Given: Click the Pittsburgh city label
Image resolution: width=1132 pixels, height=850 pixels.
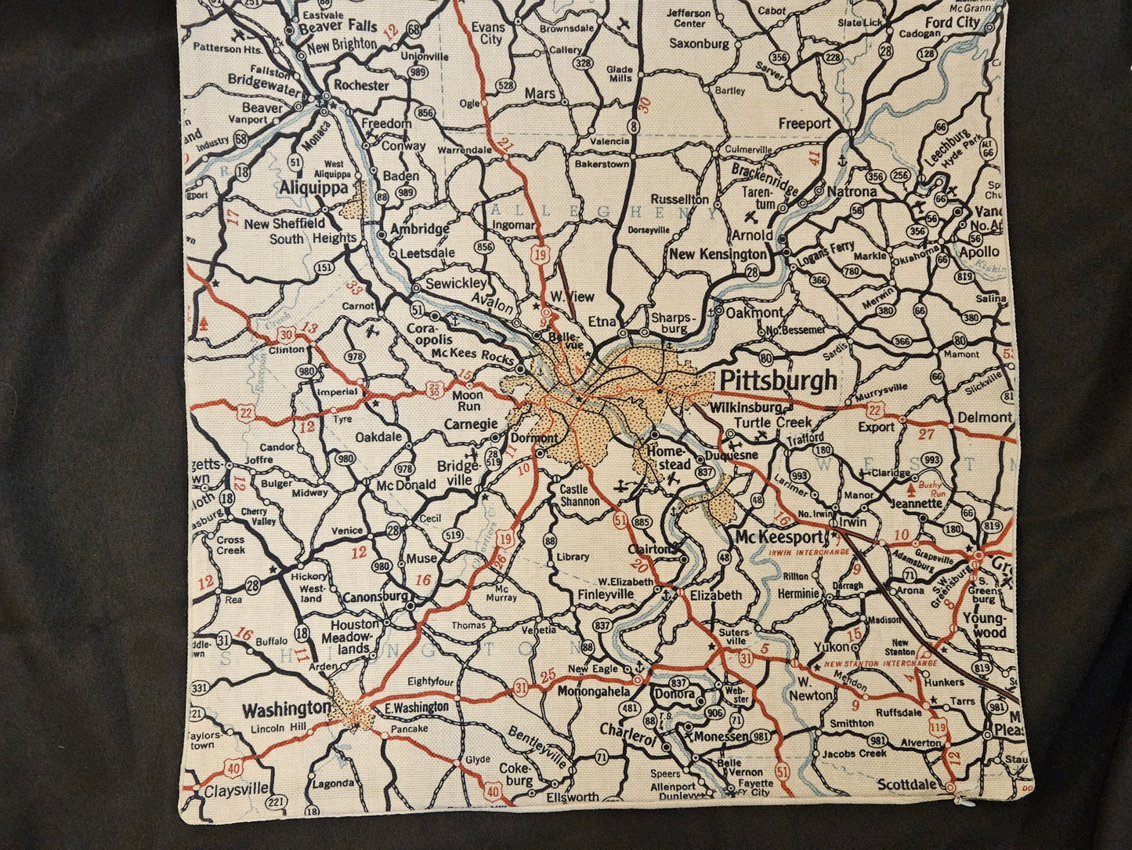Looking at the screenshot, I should tap(777, 381).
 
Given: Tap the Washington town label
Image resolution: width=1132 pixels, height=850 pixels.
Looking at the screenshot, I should tap(286, 710).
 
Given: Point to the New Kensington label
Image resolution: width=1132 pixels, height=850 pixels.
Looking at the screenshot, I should tap(718, 254).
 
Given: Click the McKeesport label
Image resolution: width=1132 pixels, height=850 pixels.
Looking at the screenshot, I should tap(779, 538).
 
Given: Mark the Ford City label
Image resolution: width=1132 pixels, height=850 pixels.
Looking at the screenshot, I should tap(952, 22).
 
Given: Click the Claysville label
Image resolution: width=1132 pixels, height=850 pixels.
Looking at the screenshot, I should tap(236, 790).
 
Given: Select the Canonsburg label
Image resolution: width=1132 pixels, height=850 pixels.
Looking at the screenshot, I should tap(374, 597).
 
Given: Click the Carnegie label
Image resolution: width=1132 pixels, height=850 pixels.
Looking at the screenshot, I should tap(471, 424).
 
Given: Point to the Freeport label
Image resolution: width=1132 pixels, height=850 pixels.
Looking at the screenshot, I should tap(804, 123).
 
